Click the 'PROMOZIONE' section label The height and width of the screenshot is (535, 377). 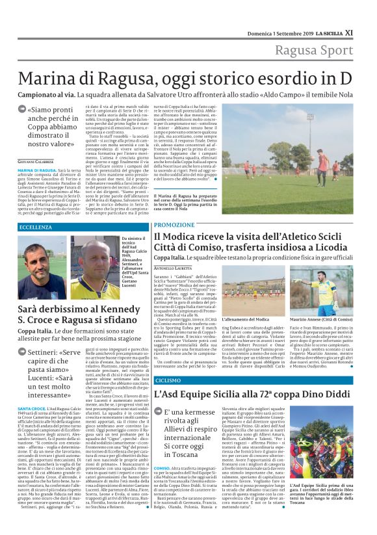point(173,224)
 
